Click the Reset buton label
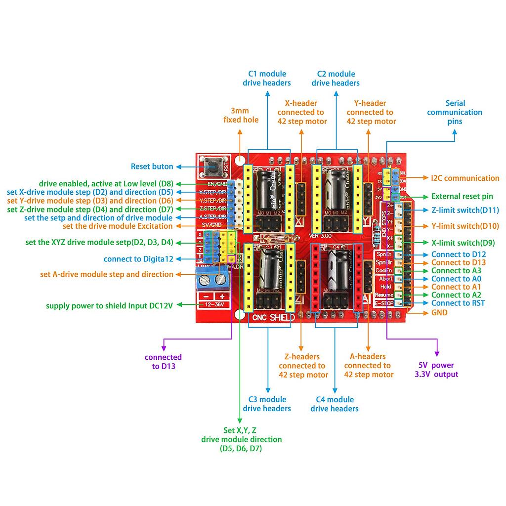point(152,167)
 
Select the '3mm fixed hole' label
point(241,115)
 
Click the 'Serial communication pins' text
point(455,112)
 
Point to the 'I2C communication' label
point(465,178)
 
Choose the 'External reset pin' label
point(462,196)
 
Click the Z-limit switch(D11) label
point(465,211)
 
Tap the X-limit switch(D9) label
point(463,243)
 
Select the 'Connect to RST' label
point(458,303)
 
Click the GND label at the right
point(439,312)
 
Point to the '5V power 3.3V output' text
point(436,370)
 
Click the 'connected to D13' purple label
point(163,362)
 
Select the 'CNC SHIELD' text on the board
point(274,318)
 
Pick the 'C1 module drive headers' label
point(266,79)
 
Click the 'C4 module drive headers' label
point(335,404)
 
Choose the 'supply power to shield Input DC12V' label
point(109,306)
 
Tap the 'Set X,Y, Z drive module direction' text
point(241,439)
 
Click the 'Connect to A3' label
point(456,271)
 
